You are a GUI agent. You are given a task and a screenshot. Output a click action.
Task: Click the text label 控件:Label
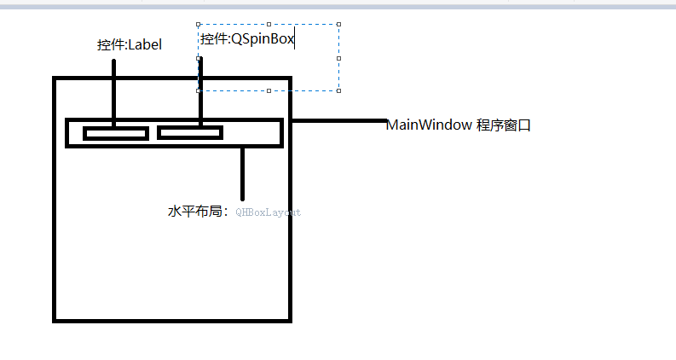click(129, 45)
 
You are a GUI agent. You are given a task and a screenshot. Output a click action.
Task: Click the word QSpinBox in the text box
click(263, 39)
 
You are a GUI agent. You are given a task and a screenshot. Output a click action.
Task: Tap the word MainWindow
click(429, 125)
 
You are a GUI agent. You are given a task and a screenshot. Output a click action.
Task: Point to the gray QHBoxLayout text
click(268, 212)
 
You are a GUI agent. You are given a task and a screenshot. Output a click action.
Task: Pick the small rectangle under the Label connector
click(116, 133)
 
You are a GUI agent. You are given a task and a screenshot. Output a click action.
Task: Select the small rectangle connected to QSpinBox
click(189, 132)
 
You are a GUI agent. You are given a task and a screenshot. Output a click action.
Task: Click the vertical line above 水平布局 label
click(243, 173)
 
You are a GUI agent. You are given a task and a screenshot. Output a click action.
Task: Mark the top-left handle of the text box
click(199, 25)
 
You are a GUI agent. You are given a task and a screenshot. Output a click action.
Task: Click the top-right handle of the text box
click(339, 25)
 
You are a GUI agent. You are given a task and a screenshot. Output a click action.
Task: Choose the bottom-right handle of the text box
click(339, 90)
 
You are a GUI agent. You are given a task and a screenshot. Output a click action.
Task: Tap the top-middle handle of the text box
click(269, 25)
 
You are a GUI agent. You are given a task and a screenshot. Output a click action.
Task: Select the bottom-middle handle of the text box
click(269, 90)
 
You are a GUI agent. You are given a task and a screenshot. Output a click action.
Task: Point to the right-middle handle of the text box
click(339, 57)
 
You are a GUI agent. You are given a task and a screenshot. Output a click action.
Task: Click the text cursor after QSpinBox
click(295, 39)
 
